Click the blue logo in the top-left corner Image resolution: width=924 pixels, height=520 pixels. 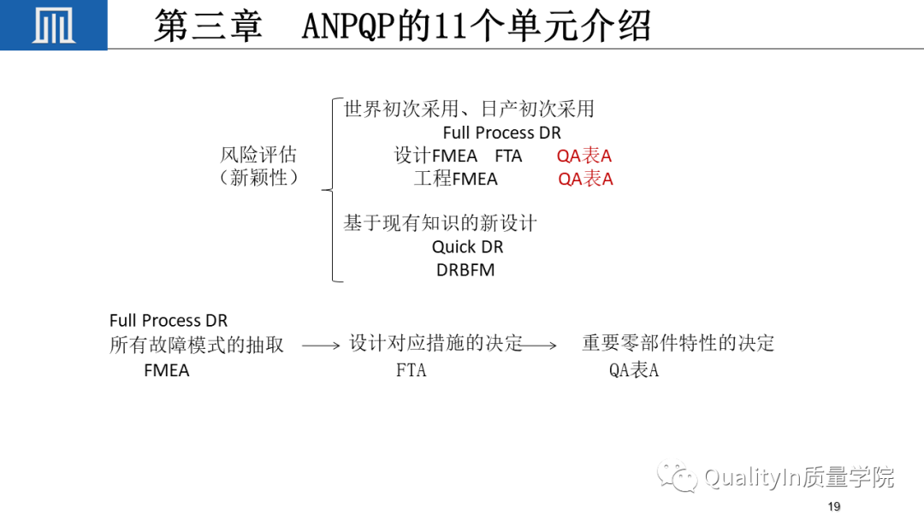pyautogui.click(x=54, y=25)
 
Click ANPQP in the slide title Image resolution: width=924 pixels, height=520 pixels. pyautogui.click(x=349, y=27)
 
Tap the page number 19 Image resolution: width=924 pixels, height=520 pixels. pyautogui.click(x=834, y=506)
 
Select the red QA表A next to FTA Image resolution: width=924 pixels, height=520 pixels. pyautogui.click(x=584, y=156)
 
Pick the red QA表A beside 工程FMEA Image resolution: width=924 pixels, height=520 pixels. pyautogui.click(x=585, y=179)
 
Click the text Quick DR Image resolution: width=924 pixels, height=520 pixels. pyautogui.click(x=467, y=247)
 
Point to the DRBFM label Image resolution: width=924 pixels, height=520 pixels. pyautogui.click(x=465, y=269)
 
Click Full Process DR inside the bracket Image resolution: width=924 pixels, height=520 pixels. pyautogui.click(x=502, y=133)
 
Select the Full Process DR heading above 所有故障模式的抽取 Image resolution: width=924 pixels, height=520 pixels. pyautogui.click(x=169, y=321)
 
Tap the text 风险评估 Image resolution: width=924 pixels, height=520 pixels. pyautogui.click(x=258, y=154)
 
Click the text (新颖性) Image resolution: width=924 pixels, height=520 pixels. pyautogui.click(x=258, y=177)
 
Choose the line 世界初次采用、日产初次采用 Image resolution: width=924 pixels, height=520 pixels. pyautogui.click(x=469, y=109)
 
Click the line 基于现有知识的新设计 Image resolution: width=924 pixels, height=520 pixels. pyautogui.click(x=440, y=222)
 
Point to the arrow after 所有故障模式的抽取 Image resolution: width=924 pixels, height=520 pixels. pyautogui.click(x=321, y=346)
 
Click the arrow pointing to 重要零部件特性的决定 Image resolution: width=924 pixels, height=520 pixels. pyautogui.click(x=539, y=345)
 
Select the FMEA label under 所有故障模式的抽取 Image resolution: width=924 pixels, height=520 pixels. pyautogui.click(x=167, y=370)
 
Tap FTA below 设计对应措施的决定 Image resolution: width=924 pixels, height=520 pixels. pyautogui.click(x=411, y=369)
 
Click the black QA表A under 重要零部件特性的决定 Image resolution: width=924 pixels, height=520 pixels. pyautogui.click(x=633, y=369)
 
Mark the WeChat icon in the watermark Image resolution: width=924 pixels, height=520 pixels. pyautogui.click(x=678, y=476)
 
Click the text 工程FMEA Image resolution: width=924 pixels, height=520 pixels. pyautogui.click(x=455, y=179)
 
